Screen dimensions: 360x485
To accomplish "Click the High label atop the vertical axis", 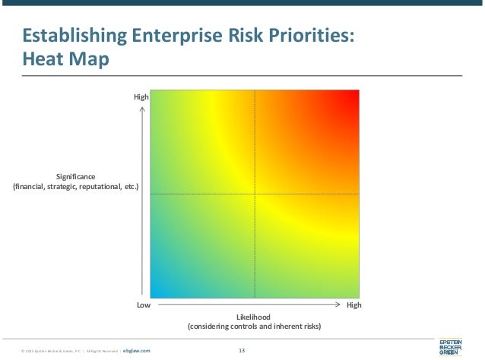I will [141, 97].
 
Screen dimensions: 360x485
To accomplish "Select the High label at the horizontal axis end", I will [353, 305].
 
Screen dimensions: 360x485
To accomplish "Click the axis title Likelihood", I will [254, 316].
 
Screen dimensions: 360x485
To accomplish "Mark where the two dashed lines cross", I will [255, 194].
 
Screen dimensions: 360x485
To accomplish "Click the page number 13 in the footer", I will [242, 350].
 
